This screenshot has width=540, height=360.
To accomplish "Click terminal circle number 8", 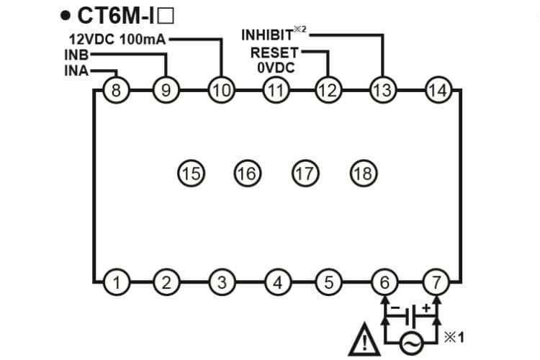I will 115,90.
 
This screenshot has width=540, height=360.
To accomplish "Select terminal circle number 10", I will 221,90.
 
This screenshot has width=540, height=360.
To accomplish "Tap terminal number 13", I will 381,90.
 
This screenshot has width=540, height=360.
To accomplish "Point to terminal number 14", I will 437,90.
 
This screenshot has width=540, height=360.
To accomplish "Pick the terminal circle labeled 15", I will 191,173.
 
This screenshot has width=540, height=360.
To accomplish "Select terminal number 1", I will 115,282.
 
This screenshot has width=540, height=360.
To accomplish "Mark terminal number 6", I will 384,282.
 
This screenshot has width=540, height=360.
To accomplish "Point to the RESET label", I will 274,53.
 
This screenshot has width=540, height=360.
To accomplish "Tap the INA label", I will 76,71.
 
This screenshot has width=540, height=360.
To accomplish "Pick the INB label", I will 76,55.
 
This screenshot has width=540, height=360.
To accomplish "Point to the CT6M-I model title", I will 120,15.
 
